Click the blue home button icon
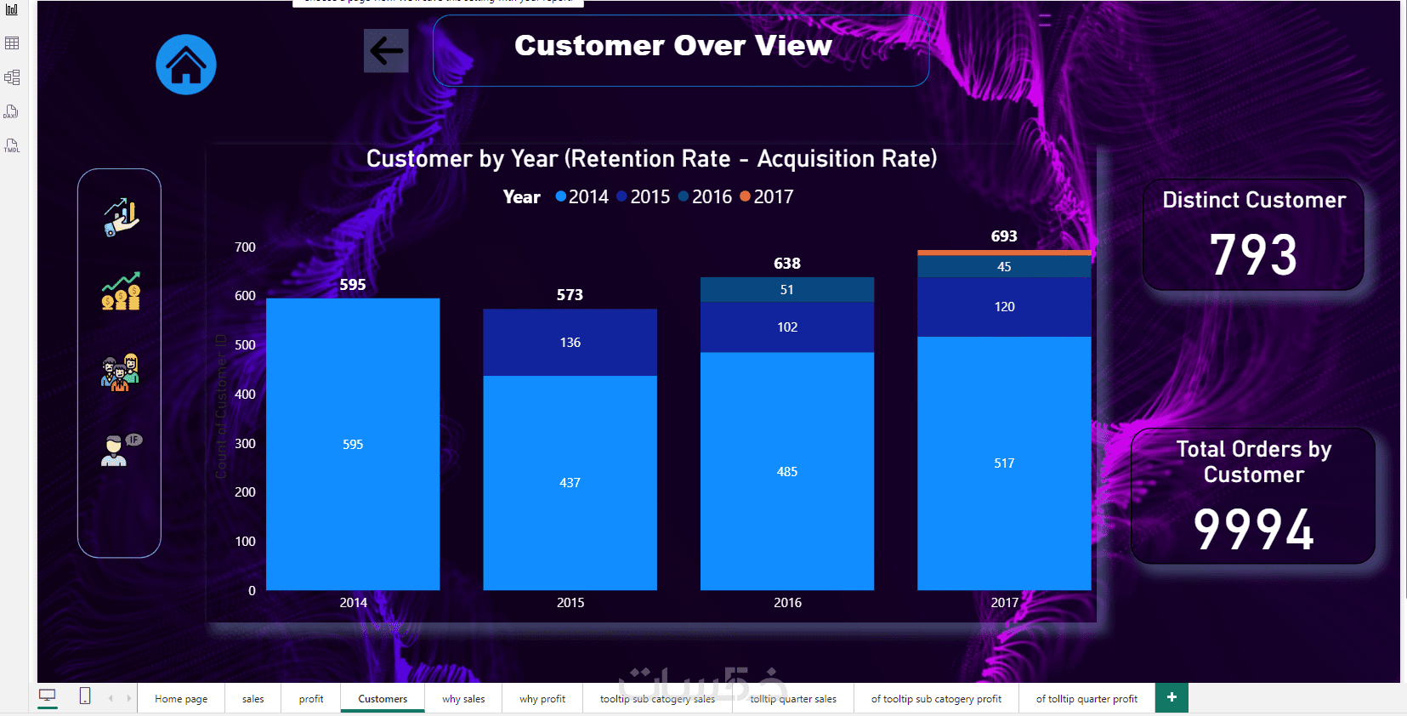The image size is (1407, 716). click(x=186, y=65)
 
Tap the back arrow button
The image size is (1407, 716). click(x=386, y=51)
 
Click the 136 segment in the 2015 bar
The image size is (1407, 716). click(x=570, y=342)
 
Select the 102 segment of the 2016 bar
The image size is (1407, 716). click(x=787, y=327)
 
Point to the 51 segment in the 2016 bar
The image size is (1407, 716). click(x=787, y=290)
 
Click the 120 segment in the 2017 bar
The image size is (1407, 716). click(x=1004, y=306)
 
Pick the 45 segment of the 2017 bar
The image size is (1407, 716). click(x=1004, y=266)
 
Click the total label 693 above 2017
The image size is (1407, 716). click(x=1004, y=236)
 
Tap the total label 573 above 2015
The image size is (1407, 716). click(x=570, y=295)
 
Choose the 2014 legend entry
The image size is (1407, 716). click(x=582, y=196)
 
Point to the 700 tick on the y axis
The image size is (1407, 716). click(x=245, y=247)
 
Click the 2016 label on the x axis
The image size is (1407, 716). click(x=787, y=602)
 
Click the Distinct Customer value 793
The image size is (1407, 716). click(x=1253, y=255)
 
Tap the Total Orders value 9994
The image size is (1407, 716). click(x=1253, y=529)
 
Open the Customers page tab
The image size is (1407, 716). click(x=383, y=699)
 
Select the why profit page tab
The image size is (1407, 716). click(x=542, y=699)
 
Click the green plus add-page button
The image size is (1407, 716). click(x=1172, y=697)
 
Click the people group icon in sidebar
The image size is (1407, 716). click(x=120, y=372)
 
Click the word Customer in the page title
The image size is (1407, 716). click(x=588, y=46)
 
